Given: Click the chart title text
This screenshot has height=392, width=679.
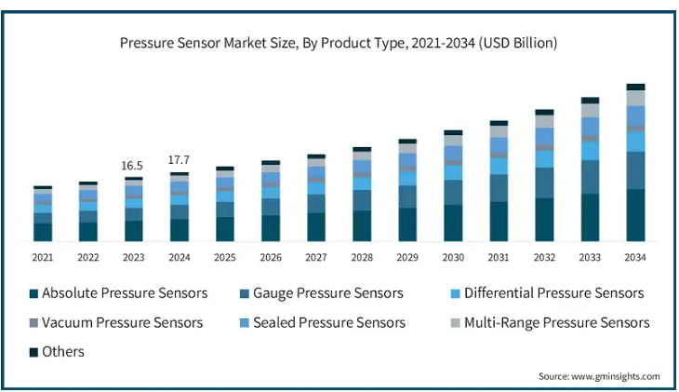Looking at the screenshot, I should tap(339, 43).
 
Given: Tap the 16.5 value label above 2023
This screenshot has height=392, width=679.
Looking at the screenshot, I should tap(133, 166).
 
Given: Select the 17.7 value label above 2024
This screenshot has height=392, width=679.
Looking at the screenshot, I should tap(179, 160).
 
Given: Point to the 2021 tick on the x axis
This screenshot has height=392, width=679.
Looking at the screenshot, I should tap(43, 257).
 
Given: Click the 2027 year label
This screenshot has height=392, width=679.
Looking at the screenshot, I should tap(316, 257).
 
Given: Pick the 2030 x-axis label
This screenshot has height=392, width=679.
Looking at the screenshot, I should tap(453, 257).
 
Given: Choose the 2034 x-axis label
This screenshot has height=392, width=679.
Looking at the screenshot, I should tap(635, 257).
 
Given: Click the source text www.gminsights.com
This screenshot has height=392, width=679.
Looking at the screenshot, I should tap(599, 376).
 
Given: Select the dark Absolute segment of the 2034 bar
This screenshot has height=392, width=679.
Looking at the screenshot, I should tap(635, 215).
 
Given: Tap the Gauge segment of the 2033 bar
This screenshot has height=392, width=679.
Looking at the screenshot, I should tap(590, 177).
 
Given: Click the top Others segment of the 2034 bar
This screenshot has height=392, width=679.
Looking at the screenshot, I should tap(635, 87).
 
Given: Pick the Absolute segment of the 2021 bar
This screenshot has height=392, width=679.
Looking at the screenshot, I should tap(43, 233).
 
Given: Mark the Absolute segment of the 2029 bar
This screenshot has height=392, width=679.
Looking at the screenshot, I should tap(407, 225).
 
